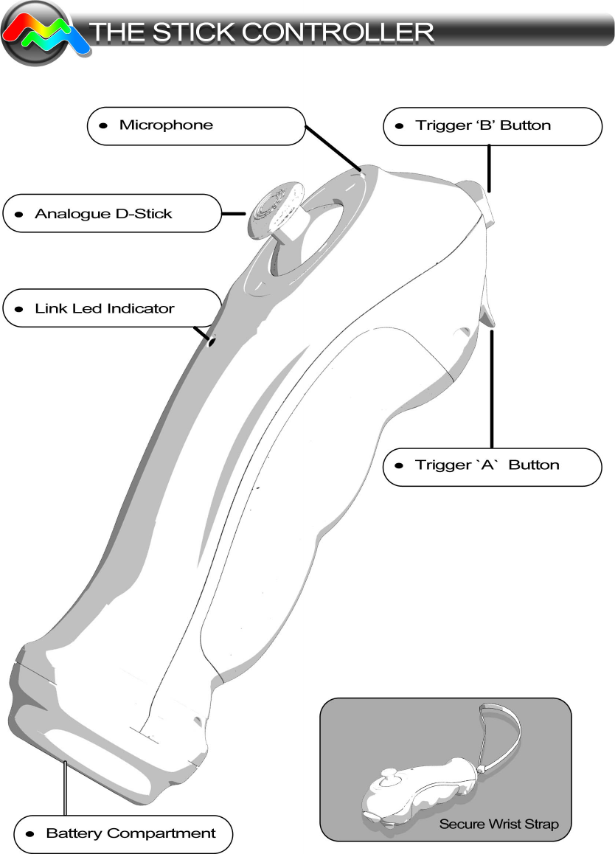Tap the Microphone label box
point(195,125)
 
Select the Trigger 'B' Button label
point(492,125)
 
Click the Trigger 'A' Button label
point(492,465)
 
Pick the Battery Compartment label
point(123,833)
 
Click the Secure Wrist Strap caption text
point(498,824)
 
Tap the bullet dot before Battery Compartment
point(29,833)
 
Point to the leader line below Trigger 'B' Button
point(488,168)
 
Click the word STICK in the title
point(189,32)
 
